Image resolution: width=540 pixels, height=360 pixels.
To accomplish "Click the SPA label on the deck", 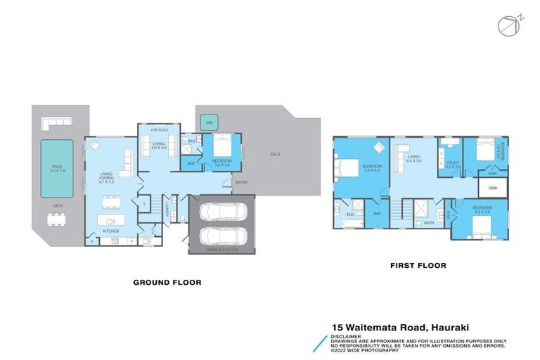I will coord(209,123).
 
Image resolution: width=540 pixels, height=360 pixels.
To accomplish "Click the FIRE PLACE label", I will coord(158,129).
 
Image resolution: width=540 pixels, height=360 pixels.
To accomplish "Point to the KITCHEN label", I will coord(110,231).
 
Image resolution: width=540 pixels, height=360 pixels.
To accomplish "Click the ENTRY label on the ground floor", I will coord(241,182).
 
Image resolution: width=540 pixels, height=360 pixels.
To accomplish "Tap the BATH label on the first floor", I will coord(428,223).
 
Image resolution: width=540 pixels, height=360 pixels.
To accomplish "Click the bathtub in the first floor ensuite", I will coord(349,224).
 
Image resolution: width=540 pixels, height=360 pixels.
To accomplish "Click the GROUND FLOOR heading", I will coord(167,282).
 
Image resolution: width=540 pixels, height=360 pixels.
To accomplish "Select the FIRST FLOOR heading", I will coord(418,266).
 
